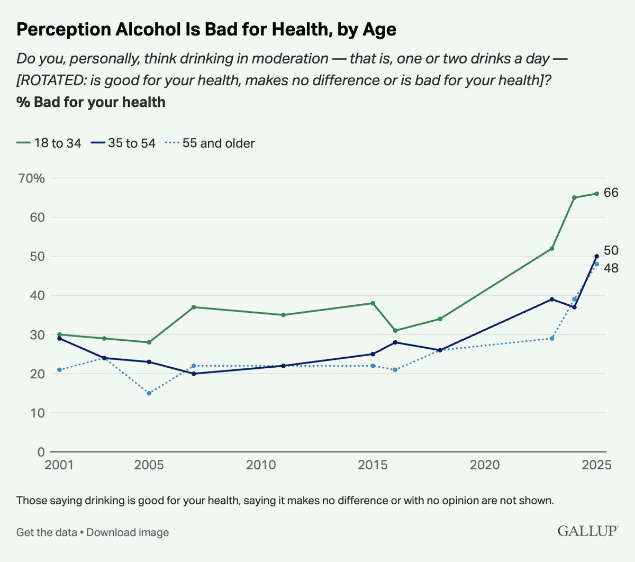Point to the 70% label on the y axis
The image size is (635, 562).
(31, 178)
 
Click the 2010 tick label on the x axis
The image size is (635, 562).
(261, 465)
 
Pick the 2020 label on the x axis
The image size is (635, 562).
(485, 465)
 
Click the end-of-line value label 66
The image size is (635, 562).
(611, 193)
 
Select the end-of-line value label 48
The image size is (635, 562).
(611, 268)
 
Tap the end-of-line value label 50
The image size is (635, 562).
(611, 250)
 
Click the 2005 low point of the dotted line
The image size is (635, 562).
(149, 393)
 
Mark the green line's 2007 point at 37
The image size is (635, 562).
(194, 307)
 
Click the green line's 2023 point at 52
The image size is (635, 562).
(552, 248)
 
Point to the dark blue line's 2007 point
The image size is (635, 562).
(194, 374)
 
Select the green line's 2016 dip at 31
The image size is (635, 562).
(395, 331)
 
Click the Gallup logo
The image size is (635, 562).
(587, 531)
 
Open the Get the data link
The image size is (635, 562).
(47, 532)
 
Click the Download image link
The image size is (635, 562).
(128, 532)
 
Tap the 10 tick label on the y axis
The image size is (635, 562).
(38, 413)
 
